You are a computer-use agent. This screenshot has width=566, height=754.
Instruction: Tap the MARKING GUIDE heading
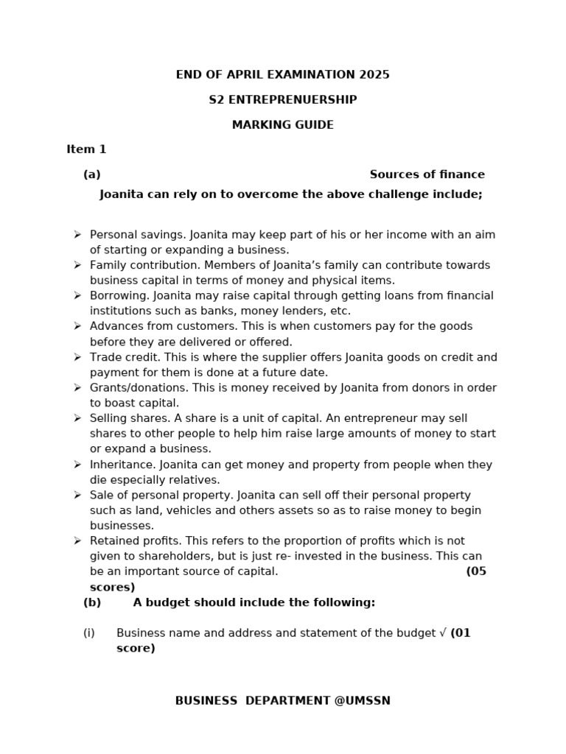283,125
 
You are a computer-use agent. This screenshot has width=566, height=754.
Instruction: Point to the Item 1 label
86,149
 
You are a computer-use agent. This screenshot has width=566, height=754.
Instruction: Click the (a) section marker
92,175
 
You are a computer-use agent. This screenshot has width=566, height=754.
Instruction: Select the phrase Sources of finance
427,175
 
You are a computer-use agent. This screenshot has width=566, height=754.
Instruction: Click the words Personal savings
137,235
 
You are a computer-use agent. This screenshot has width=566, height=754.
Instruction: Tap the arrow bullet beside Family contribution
77,265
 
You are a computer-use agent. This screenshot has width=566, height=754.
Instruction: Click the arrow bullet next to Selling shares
77,418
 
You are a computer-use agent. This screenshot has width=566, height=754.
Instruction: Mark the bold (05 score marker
476,571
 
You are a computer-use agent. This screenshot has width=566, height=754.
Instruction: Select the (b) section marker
92,602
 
